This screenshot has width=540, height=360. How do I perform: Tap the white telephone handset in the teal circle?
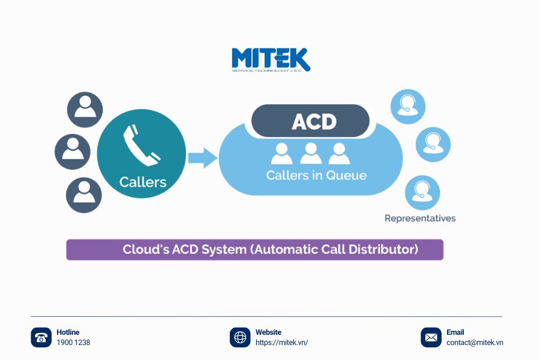142,144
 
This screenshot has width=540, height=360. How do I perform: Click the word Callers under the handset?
142,182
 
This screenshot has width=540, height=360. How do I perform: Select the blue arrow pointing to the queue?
202,158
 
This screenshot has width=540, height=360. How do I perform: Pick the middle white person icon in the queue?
310,154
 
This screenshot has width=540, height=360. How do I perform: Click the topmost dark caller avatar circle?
85,109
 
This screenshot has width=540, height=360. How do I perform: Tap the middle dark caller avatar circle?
73,151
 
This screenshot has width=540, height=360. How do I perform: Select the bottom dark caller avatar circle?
84,195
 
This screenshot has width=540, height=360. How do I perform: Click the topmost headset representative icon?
408,106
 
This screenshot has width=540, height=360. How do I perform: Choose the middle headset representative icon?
433,145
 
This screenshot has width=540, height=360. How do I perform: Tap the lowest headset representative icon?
422,193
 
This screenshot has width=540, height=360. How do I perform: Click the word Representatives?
420,218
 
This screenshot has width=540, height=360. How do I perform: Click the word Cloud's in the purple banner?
145,250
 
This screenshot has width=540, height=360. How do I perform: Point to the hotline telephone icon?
41,337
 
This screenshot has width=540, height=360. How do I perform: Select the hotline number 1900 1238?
73,343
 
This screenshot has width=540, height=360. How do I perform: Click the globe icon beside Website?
240,337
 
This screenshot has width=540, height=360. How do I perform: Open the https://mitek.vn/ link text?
281,343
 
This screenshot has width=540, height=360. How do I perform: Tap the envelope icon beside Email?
431,337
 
